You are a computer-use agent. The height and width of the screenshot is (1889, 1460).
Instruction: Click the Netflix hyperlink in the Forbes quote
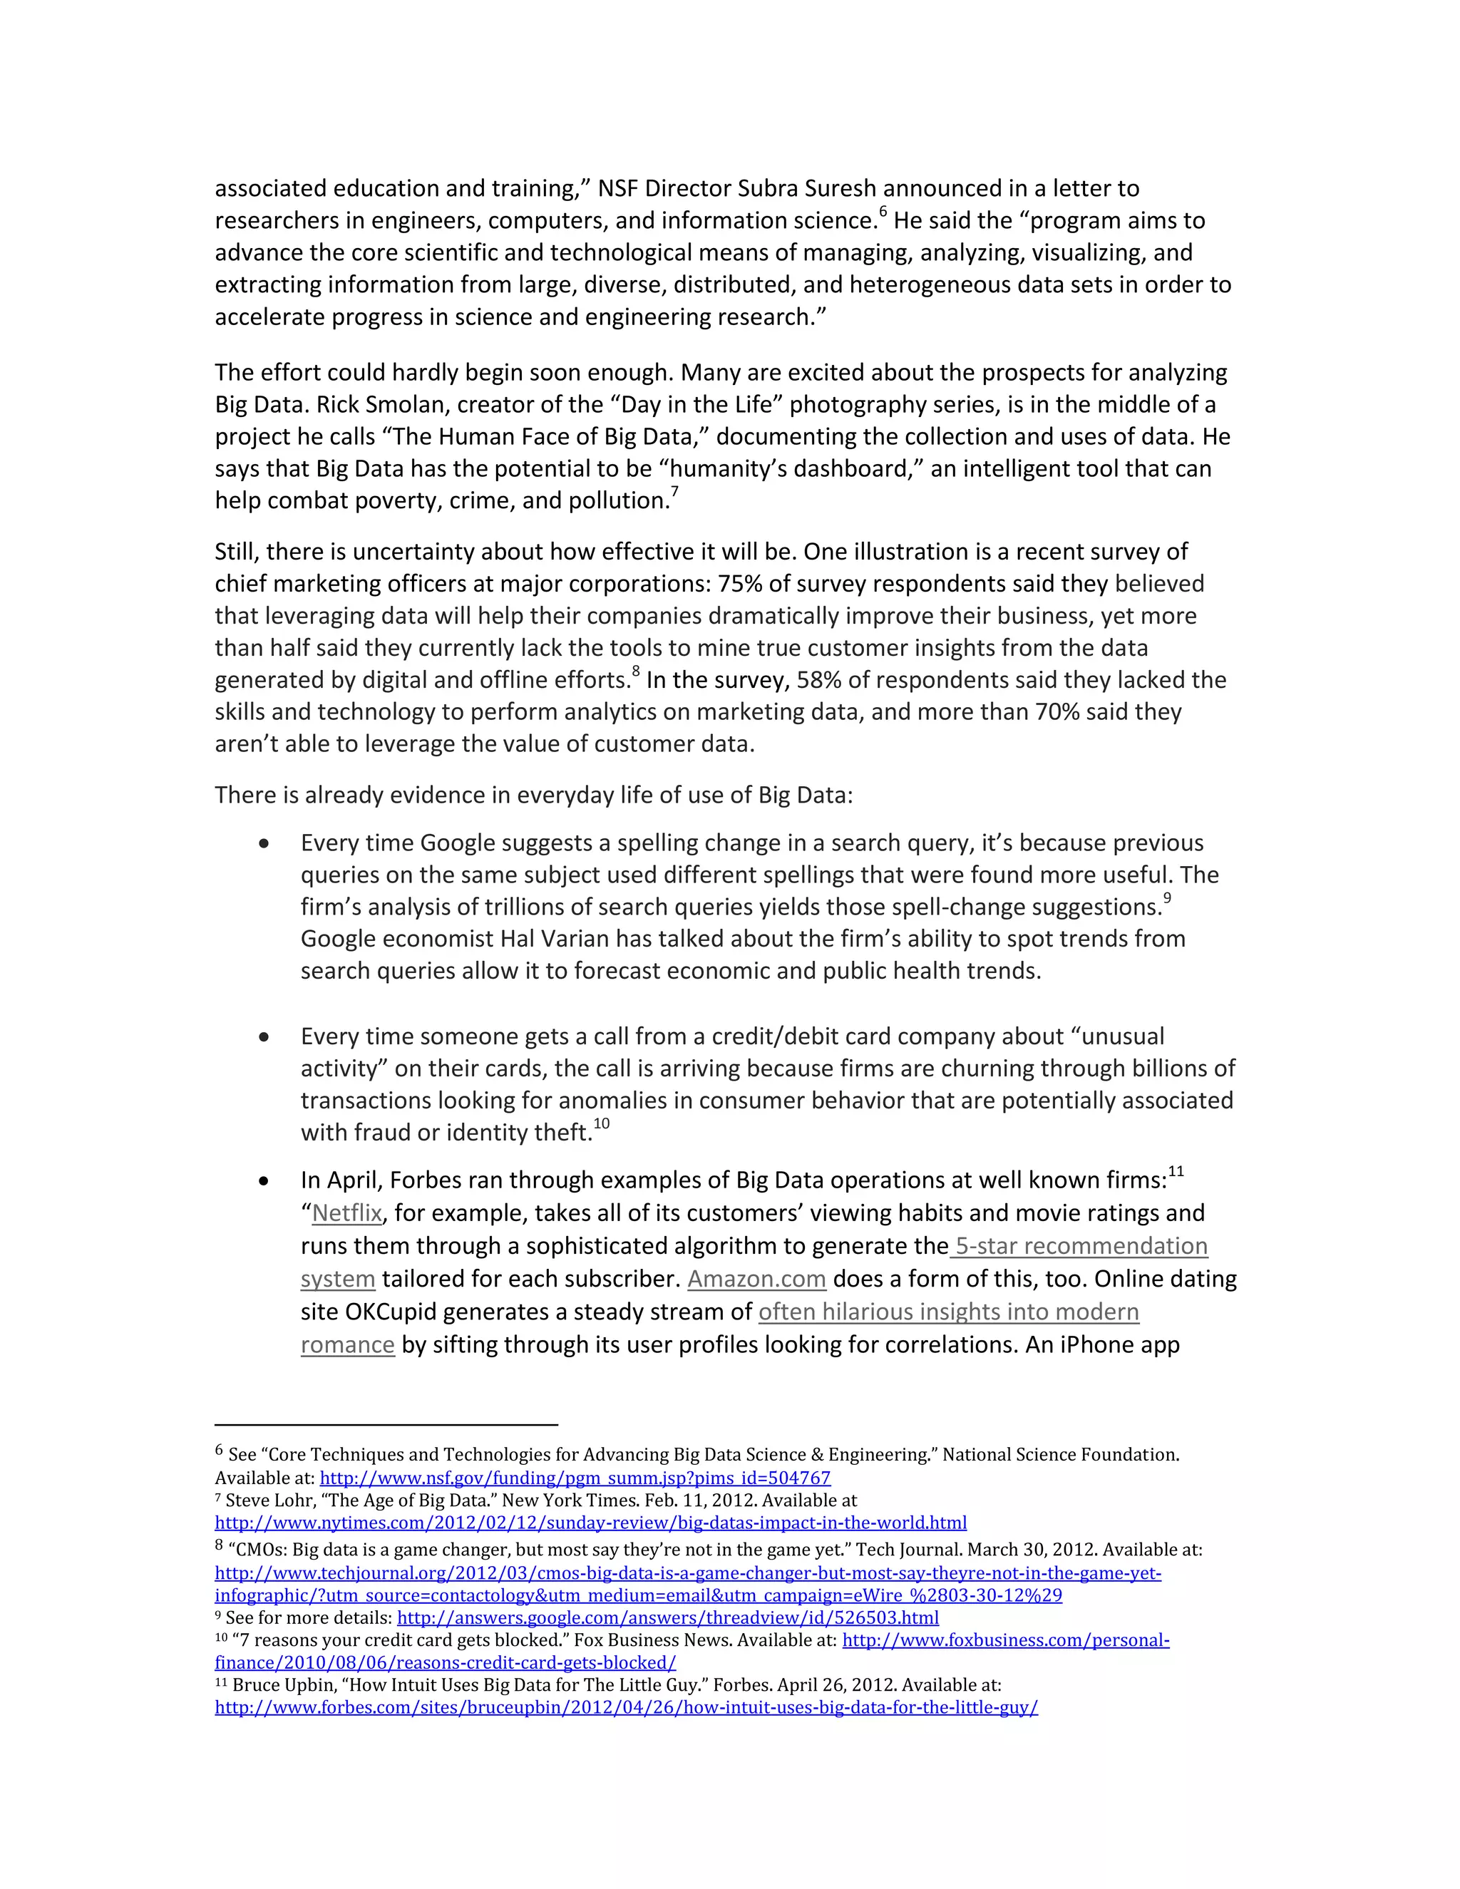tap(347, 1213)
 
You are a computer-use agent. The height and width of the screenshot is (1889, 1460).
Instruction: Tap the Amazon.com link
tap(757, 1280)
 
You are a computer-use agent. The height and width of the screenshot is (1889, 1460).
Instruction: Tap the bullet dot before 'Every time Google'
tap(264, 844)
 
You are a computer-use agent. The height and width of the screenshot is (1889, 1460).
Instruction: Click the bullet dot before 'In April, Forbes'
tap(264, 1181)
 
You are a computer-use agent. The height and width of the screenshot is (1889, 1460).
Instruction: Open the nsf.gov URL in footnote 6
tap(575, 1478)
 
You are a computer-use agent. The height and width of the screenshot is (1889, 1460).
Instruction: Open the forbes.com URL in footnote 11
tap(625, 1707)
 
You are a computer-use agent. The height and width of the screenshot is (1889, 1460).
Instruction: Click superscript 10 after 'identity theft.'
tap(601, 1124)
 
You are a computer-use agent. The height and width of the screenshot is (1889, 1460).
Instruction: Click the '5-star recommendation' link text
tap(1081, 1246)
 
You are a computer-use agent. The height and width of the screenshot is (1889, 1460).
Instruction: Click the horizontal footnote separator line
tap(386, 1424)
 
